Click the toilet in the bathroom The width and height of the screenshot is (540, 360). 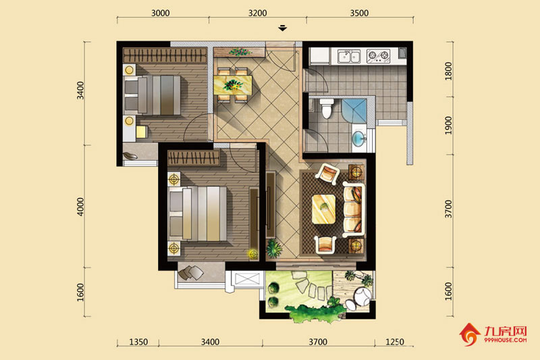(327, 108)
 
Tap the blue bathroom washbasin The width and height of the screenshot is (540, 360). (359, 138)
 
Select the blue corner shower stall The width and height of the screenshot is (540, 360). (354, 111)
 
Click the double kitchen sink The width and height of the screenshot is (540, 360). (348, 56)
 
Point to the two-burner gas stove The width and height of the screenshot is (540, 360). (378, 56)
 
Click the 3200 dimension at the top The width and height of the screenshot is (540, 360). (258, 13)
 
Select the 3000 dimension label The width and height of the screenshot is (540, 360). (161, 13)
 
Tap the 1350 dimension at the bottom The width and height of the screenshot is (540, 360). (138, 342)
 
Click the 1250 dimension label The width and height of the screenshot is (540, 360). (395, 342)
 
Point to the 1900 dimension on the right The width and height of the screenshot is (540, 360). (448, 126)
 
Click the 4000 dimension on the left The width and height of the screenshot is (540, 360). (80, 207)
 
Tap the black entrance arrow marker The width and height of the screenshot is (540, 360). (283, 28)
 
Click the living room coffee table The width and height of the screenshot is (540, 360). (324, 209)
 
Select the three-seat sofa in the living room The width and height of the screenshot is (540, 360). (353, 210)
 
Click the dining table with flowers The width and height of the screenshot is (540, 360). (233, 84)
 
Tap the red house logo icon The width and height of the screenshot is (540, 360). (469, 334)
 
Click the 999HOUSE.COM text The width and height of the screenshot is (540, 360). (505, 340)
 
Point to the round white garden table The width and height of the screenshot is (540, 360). (363, 296)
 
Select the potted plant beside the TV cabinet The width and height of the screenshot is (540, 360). (274, 249)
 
